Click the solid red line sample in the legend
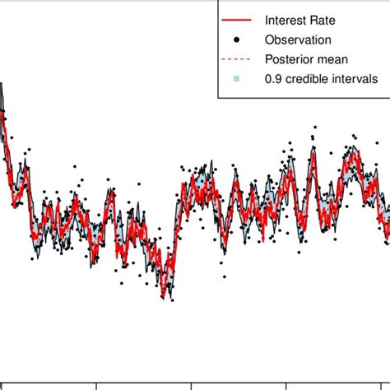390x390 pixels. tap(236, 18)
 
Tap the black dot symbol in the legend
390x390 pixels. tap(236, 39)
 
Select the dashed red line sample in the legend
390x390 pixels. tap(236, 59)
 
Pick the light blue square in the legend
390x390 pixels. tap(236, 79)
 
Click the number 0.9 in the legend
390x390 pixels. tap(273, 79)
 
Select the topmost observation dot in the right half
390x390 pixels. tap(313, 128)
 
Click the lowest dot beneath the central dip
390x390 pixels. tap(171, 299)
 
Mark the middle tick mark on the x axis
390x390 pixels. tap(192, 385)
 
